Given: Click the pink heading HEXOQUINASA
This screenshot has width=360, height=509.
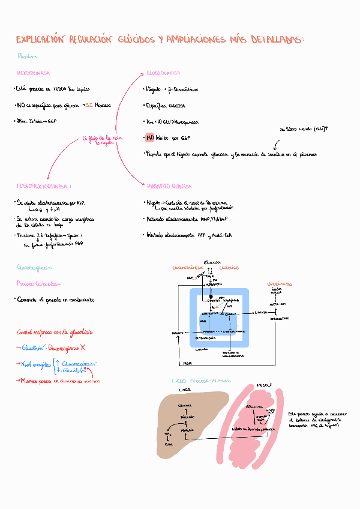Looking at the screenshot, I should (33, 73).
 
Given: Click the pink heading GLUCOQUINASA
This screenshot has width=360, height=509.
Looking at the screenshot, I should (163, 73).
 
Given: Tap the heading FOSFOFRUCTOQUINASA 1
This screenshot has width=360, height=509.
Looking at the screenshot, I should (44, 186).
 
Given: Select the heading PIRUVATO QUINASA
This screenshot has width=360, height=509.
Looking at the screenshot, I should (169, 186).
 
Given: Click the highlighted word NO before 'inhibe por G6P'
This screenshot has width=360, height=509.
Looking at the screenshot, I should (150, 138).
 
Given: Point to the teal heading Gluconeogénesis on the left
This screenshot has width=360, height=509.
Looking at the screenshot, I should (34, 267).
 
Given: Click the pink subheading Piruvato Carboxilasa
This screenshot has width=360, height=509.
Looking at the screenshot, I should (38, 283).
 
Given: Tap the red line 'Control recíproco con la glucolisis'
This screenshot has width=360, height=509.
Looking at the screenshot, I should (54, 332).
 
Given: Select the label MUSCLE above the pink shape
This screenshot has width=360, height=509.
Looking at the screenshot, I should (265, 385).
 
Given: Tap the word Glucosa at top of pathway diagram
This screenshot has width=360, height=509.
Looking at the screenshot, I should (212, 263).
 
